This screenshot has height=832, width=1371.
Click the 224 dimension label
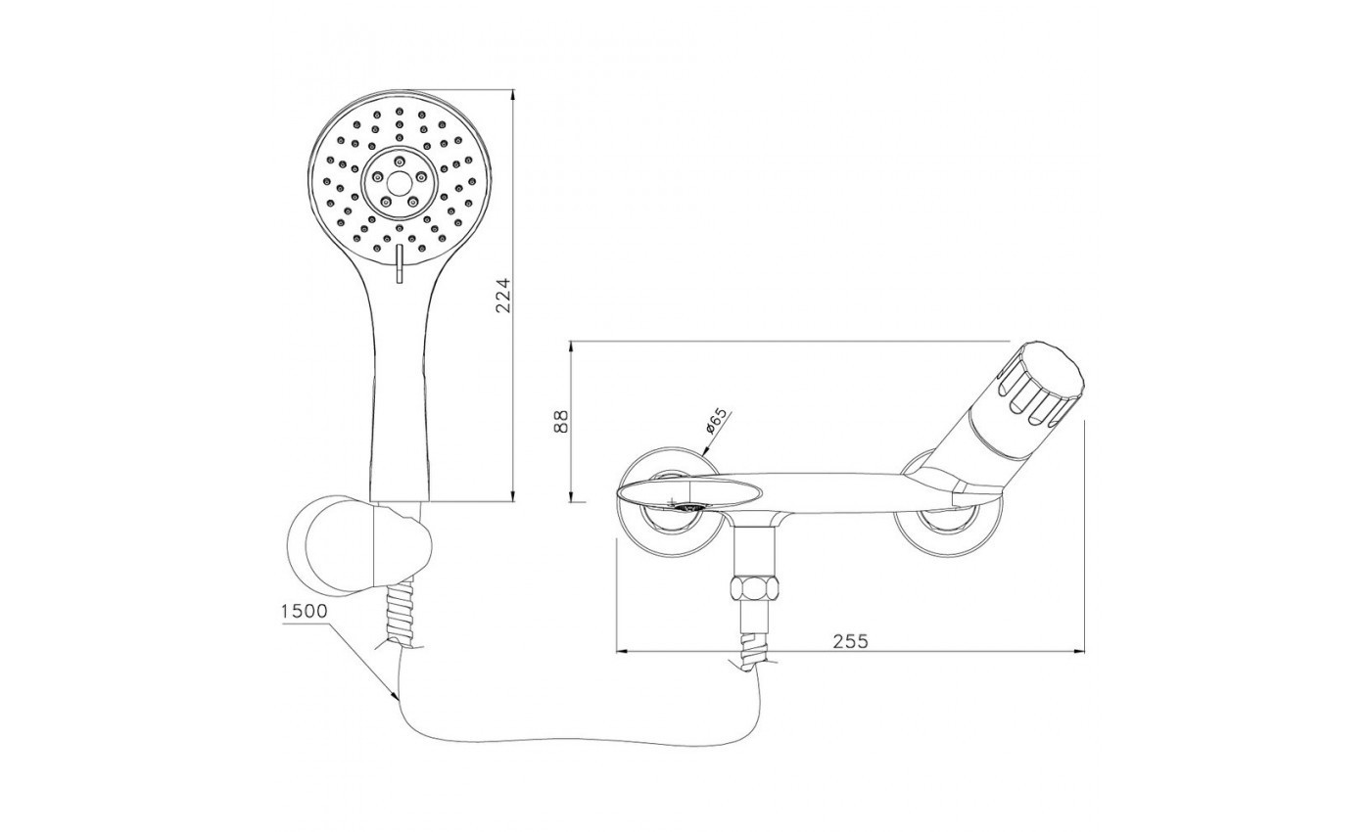click(x=502, y=296)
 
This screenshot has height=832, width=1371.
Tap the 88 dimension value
click(x=561, y=421)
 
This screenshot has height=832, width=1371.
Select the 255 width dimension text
click(x=851, y=641)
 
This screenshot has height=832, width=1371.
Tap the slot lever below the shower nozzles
click(x=400, y=263)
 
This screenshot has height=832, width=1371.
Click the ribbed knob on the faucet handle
click(x=1039, y=384)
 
